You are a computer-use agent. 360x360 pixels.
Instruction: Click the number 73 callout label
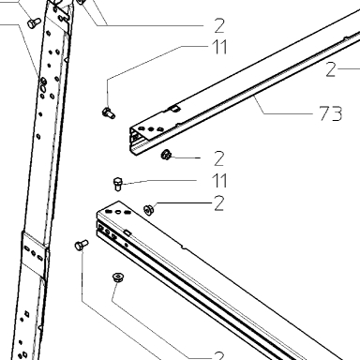331,113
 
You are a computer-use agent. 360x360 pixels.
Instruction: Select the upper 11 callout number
219,47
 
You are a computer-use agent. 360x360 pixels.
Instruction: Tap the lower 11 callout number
219,180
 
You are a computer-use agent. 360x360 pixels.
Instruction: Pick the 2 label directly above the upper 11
219,25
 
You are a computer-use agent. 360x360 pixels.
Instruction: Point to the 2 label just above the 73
330,69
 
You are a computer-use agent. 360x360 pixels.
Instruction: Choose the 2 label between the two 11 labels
219,158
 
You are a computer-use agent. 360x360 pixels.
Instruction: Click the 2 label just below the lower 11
218,203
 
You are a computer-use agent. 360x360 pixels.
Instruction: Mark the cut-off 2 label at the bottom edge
219,355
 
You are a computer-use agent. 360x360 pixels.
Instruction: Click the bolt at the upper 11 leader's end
109,112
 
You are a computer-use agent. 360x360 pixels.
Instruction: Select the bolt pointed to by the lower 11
118,184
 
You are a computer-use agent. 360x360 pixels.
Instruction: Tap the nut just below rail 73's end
166,155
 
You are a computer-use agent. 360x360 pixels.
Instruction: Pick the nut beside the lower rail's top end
148,209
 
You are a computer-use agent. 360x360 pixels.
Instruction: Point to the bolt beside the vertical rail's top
34,22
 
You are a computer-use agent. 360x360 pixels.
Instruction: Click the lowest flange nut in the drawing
118,277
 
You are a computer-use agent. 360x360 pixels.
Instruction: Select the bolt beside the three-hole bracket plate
82,245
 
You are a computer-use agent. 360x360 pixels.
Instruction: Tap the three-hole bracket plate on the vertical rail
34,253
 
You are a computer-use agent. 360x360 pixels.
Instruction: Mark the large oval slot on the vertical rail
43,89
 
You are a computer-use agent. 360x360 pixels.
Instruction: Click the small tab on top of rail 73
174,109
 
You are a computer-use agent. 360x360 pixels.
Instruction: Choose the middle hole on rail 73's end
151,128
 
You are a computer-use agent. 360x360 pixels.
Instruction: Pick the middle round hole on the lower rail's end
118,212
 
